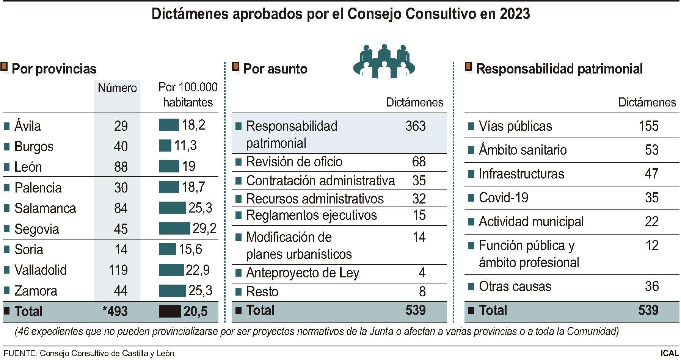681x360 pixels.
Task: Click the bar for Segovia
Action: coord(174,229)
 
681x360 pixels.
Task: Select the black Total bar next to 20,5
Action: coord(170,311)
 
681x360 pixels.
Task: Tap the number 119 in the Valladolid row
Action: coord(118,270)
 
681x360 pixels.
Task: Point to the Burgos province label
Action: coord(34,147)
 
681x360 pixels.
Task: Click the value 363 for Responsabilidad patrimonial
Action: coord(415,126)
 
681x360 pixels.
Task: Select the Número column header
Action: coord(117,88)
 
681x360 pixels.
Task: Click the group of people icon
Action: coord(384,61)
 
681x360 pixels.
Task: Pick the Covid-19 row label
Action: coord(503,198)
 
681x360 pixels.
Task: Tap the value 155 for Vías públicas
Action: coord(648,126)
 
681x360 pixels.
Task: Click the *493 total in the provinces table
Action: coord(115,311)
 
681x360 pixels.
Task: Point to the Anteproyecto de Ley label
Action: coord(302,273)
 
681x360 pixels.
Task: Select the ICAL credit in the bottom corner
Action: coord(669,354)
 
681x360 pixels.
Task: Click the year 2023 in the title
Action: coord(515,14)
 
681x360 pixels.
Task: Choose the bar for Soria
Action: coord(167,249)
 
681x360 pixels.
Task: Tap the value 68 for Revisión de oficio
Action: coord(419,162)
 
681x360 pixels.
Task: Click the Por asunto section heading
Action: coord(275,69)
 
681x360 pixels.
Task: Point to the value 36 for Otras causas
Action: coord(651,286)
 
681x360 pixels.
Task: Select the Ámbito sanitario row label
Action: coord(523,150)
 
